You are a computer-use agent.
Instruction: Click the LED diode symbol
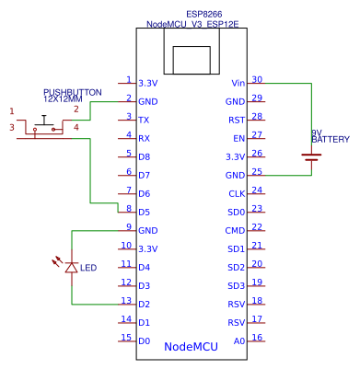pos(72,267)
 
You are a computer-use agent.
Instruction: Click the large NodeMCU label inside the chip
pos(191,347)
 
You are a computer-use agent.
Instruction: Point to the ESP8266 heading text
pos(205,16)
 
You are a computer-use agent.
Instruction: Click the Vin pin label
pos(238,83)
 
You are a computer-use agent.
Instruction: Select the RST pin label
pos(237,120)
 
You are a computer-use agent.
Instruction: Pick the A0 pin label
pos(239,340)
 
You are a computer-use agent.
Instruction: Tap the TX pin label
pos(144,120)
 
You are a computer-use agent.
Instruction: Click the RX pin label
pos(144,138)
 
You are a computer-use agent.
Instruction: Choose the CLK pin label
pos(237,193)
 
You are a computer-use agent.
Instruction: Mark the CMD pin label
pos(236,230)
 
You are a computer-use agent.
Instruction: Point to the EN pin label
pos(239,138)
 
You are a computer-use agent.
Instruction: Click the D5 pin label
pos(144,212)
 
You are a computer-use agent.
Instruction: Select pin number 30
pos(257,79)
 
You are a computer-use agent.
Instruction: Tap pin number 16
pos(257,337)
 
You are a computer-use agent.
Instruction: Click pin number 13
pos(125,300)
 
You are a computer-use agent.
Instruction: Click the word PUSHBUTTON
pos(66,93)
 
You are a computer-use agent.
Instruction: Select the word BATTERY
pos(331,140)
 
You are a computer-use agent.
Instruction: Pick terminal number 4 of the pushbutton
pos(76,127)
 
